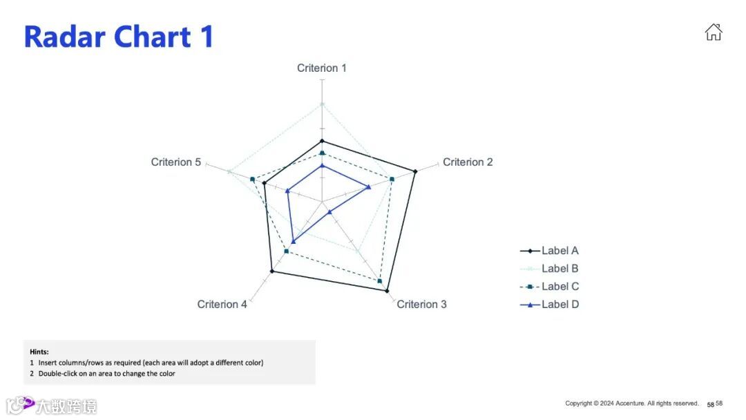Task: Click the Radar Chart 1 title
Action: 119,36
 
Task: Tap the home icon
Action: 713,32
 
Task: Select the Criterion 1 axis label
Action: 322,68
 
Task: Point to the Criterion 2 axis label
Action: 468,162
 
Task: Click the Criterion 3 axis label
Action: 421,304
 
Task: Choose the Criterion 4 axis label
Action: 222,304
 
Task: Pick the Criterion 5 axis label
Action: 176,162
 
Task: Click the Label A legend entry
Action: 559,251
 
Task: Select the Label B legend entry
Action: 559,269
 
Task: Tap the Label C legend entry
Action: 559,287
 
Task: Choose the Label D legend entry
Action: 559,305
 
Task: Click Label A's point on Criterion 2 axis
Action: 415,171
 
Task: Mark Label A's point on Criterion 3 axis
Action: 386,291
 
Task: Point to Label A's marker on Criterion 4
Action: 271,271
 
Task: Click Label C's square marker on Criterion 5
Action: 253,180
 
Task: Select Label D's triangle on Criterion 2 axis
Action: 369,187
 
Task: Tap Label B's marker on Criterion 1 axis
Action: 322,104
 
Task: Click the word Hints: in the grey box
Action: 39,352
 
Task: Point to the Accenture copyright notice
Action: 631,403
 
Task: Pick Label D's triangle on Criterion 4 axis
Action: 294,241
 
